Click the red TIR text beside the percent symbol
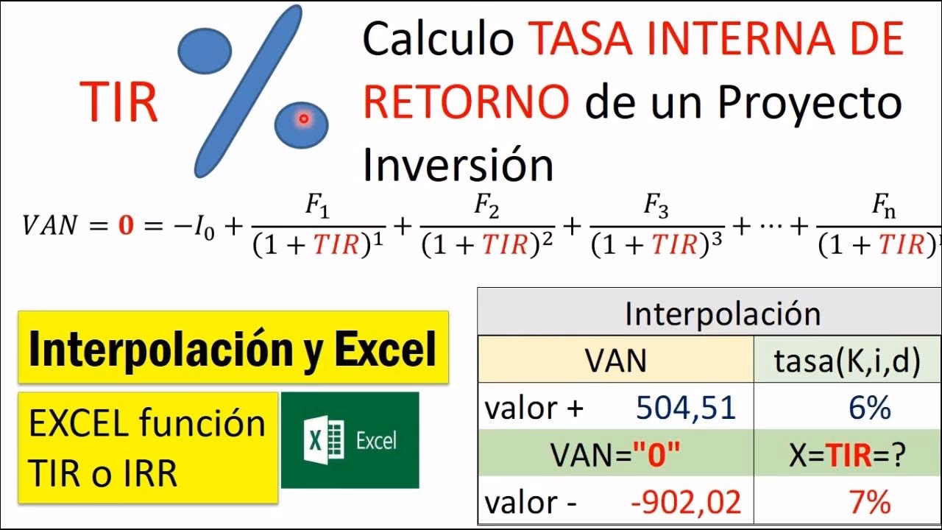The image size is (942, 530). tap(119, 102)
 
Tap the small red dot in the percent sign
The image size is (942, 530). tap(302, 119)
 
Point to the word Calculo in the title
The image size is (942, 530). tap(438, 40)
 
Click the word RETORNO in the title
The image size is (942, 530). tap(466, 102)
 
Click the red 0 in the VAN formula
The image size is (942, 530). tap(127, 226)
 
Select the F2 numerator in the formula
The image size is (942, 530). tap(487, 210)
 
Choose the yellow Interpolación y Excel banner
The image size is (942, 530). tap(233, 348)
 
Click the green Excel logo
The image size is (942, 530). tap(350, 440)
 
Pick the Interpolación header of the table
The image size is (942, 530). tap(723, 314)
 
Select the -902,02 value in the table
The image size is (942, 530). tap(686, 503)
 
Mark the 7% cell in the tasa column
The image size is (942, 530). tap(868, 503)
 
